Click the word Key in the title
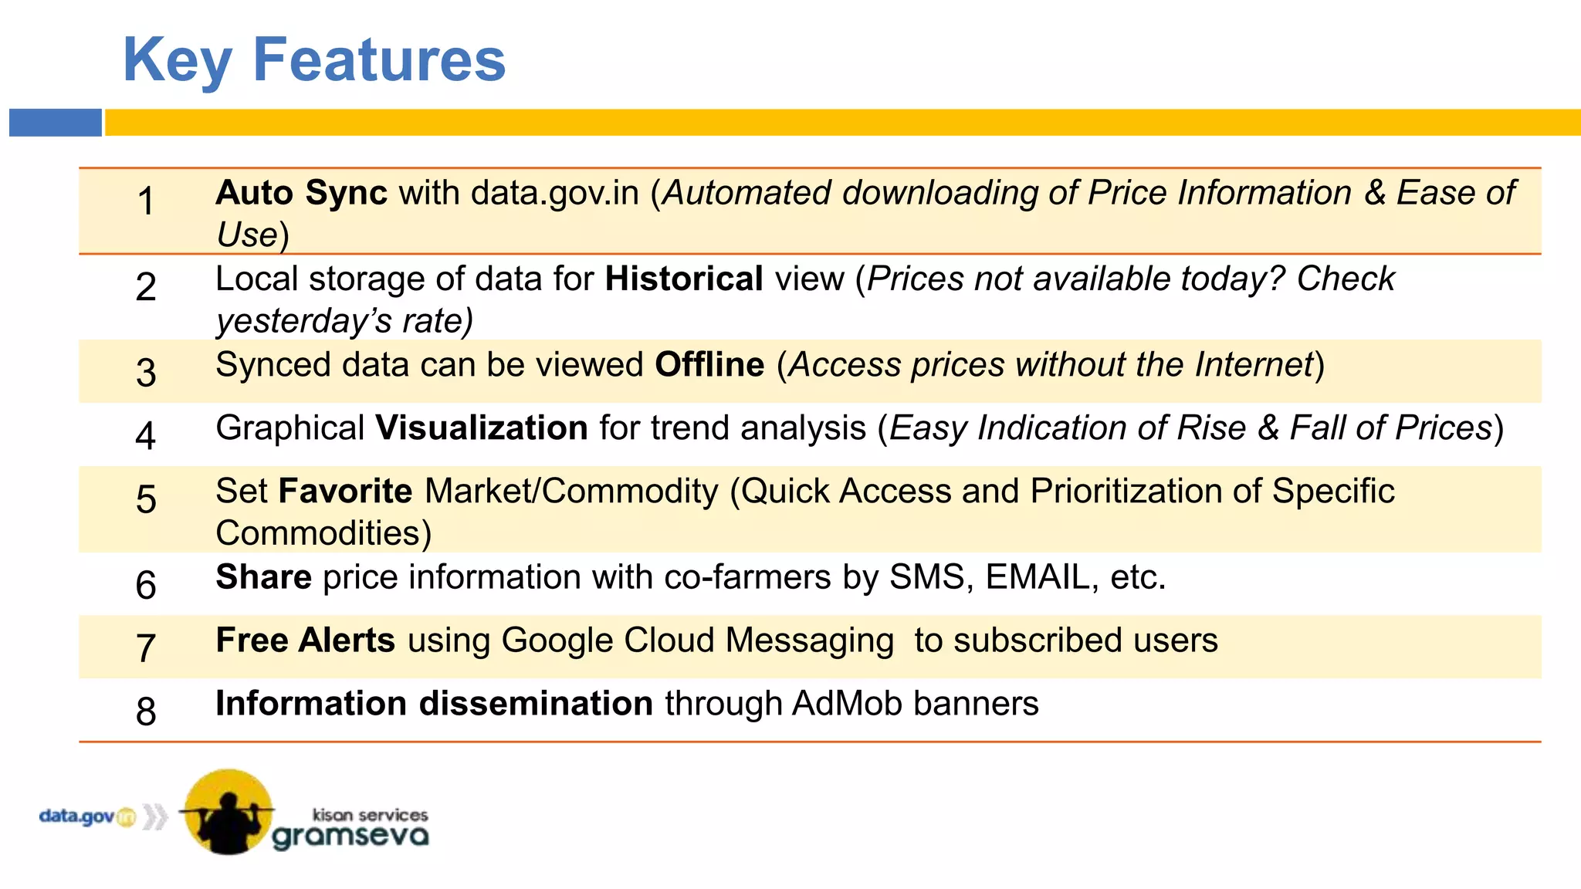177,62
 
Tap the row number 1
146,201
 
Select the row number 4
146,435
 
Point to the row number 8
146,711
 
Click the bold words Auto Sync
301,193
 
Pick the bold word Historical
684,279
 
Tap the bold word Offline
709,364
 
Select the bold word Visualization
482,428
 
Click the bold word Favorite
345,491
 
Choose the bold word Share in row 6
264,576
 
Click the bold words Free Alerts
306,640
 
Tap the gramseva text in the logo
350,837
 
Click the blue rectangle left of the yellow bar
56,123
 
